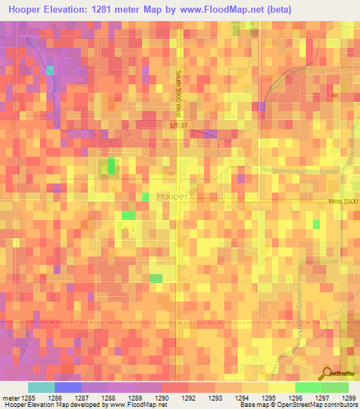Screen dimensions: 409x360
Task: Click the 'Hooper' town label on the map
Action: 172,197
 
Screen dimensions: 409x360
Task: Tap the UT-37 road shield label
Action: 179,125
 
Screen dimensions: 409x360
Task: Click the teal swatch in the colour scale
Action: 41,387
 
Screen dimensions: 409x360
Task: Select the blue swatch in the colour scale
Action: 68,387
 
